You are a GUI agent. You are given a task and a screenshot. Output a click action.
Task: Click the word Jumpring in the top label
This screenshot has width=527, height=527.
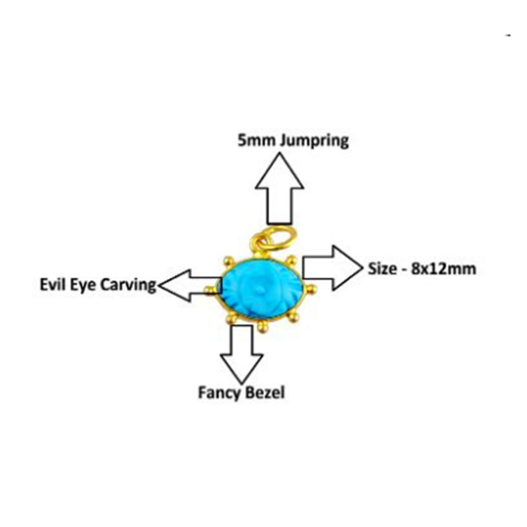coord(315,141)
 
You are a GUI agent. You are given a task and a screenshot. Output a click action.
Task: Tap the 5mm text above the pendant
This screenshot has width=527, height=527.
coord(257,141)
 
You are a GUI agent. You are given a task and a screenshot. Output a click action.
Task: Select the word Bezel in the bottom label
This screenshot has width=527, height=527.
coord(265,393)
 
